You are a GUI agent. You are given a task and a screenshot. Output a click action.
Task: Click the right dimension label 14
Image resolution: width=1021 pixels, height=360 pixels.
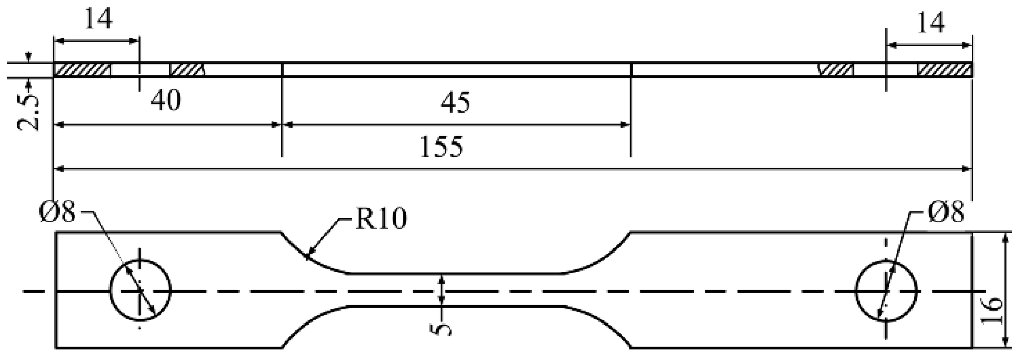point(931,24)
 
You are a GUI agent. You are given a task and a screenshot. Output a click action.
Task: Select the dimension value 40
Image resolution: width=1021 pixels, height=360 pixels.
point(166,100)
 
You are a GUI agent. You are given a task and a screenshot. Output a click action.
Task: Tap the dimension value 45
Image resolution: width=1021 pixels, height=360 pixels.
point(455,103)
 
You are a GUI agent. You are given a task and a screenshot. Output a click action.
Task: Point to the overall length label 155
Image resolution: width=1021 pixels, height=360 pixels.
point(442,147)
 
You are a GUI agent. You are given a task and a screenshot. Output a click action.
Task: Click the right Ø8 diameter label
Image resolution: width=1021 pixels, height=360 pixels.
point(945,211)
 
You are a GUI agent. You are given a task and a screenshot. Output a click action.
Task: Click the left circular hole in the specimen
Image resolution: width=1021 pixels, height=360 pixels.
point(140,291)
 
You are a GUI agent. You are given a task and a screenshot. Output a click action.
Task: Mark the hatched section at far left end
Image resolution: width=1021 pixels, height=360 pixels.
point(82,70)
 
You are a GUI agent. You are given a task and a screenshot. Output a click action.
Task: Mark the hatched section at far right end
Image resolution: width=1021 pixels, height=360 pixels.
point(944,70)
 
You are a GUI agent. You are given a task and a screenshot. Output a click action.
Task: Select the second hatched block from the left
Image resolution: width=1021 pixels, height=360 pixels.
point(187,70)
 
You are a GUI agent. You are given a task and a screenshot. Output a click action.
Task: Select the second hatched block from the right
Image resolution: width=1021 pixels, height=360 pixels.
point(836,70)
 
